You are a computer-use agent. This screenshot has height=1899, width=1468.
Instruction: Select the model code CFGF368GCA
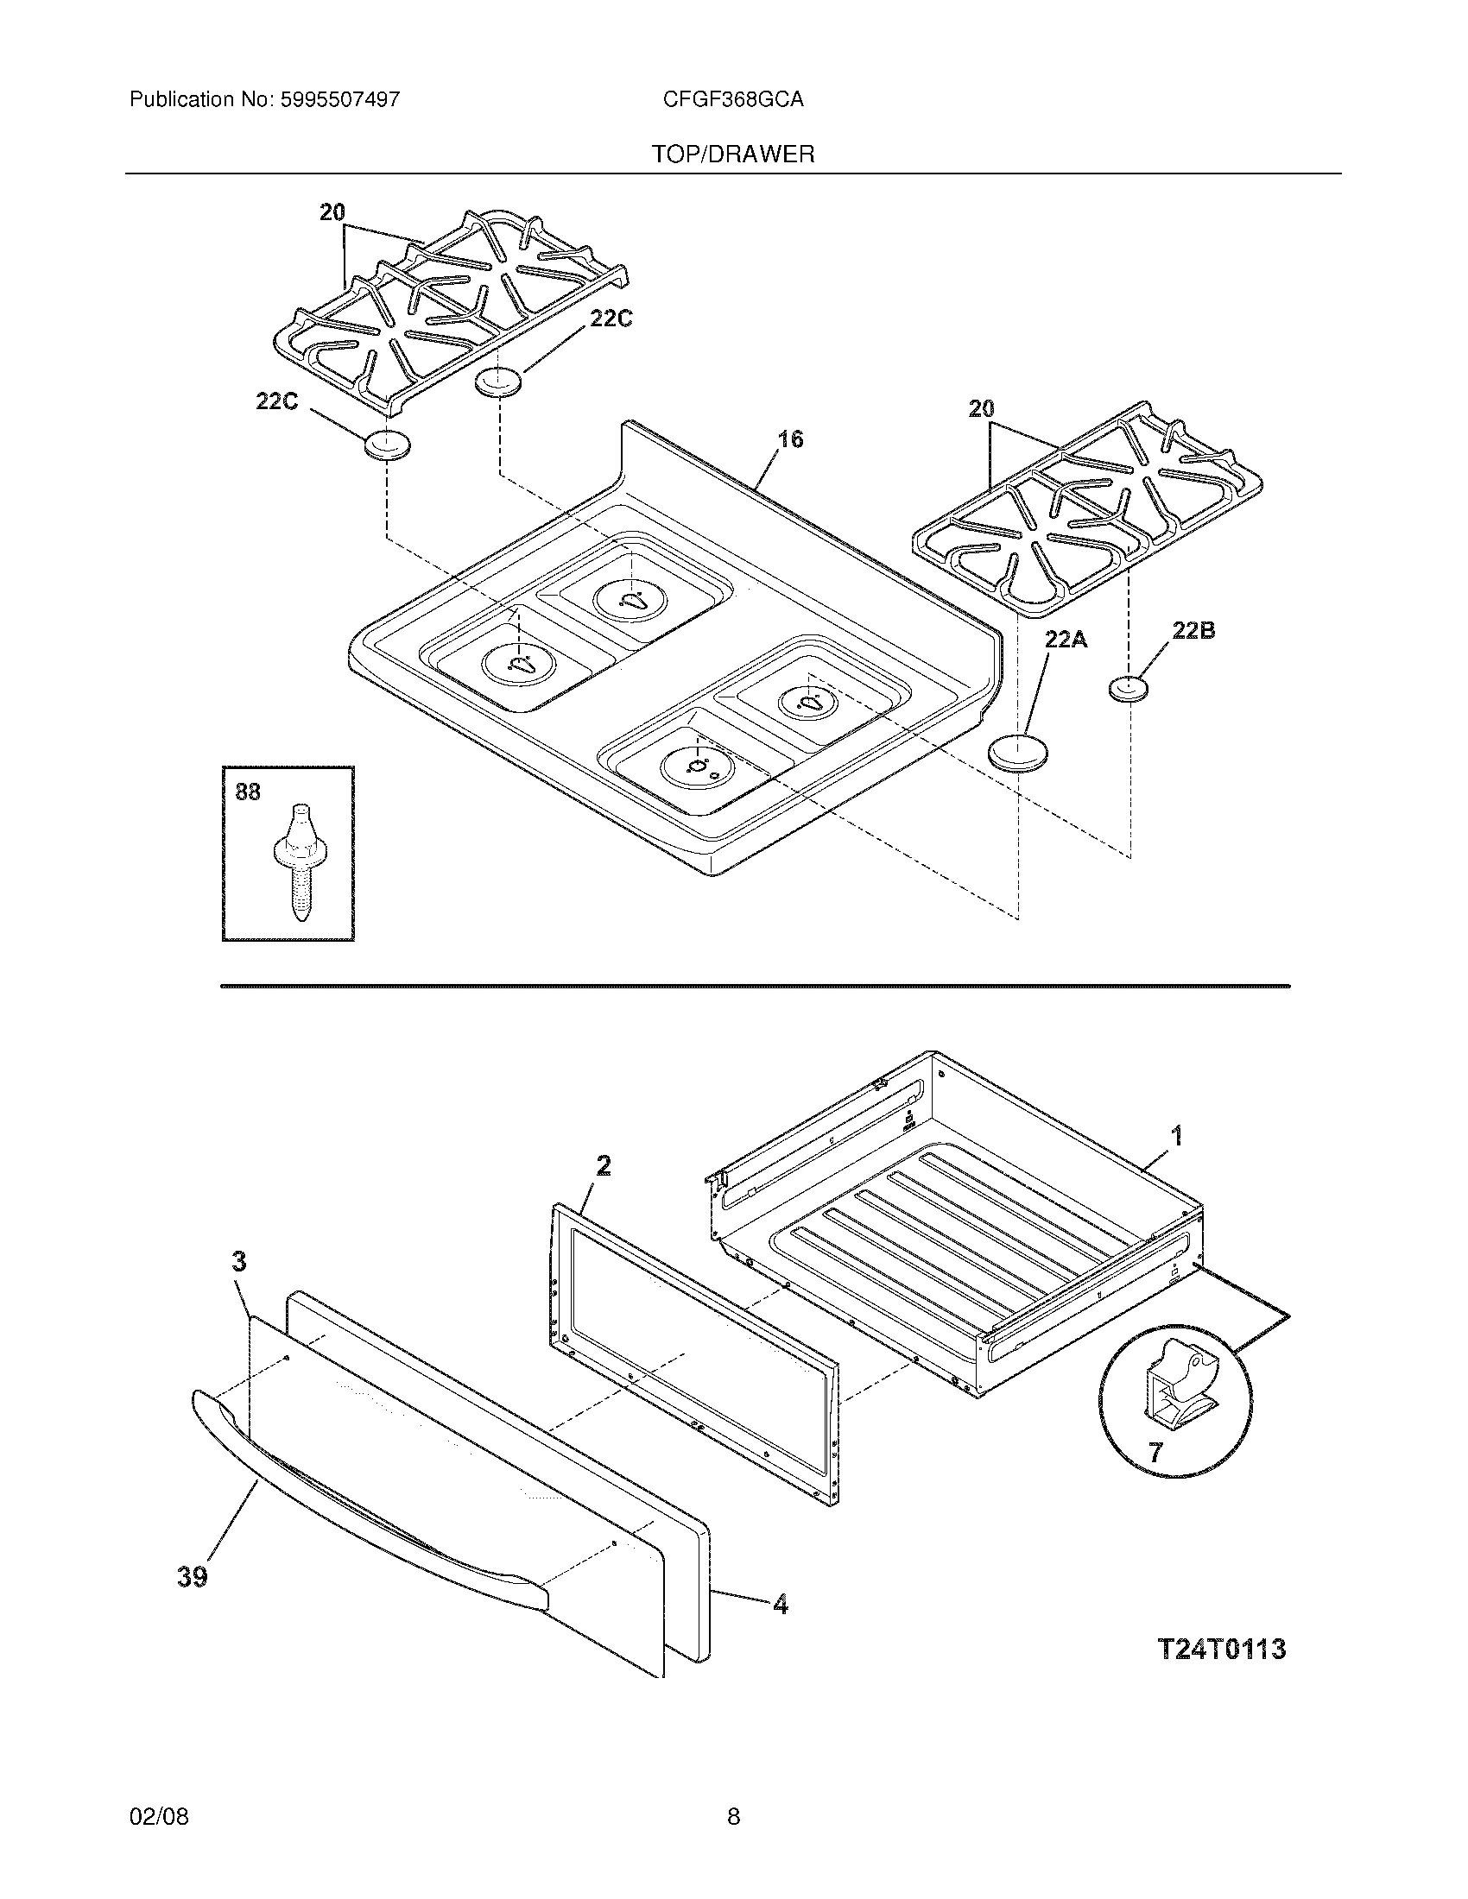732,100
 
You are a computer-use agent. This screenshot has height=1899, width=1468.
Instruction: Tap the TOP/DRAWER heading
733,155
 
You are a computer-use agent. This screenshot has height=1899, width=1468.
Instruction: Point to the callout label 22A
1066,640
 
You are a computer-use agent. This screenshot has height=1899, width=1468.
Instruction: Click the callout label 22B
1193,631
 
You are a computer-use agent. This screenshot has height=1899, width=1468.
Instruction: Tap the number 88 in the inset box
248,792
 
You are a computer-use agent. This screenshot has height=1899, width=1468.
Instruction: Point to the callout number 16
789,439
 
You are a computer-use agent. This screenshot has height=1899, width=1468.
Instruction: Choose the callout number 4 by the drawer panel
780,1605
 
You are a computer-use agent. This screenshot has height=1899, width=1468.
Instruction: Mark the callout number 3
239,1261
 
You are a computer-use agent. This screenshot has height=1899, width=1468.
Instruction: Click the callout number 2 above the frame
603,1165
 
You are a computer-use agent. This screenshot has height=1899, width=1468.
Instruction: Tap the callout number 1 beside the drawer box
1176,1135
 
